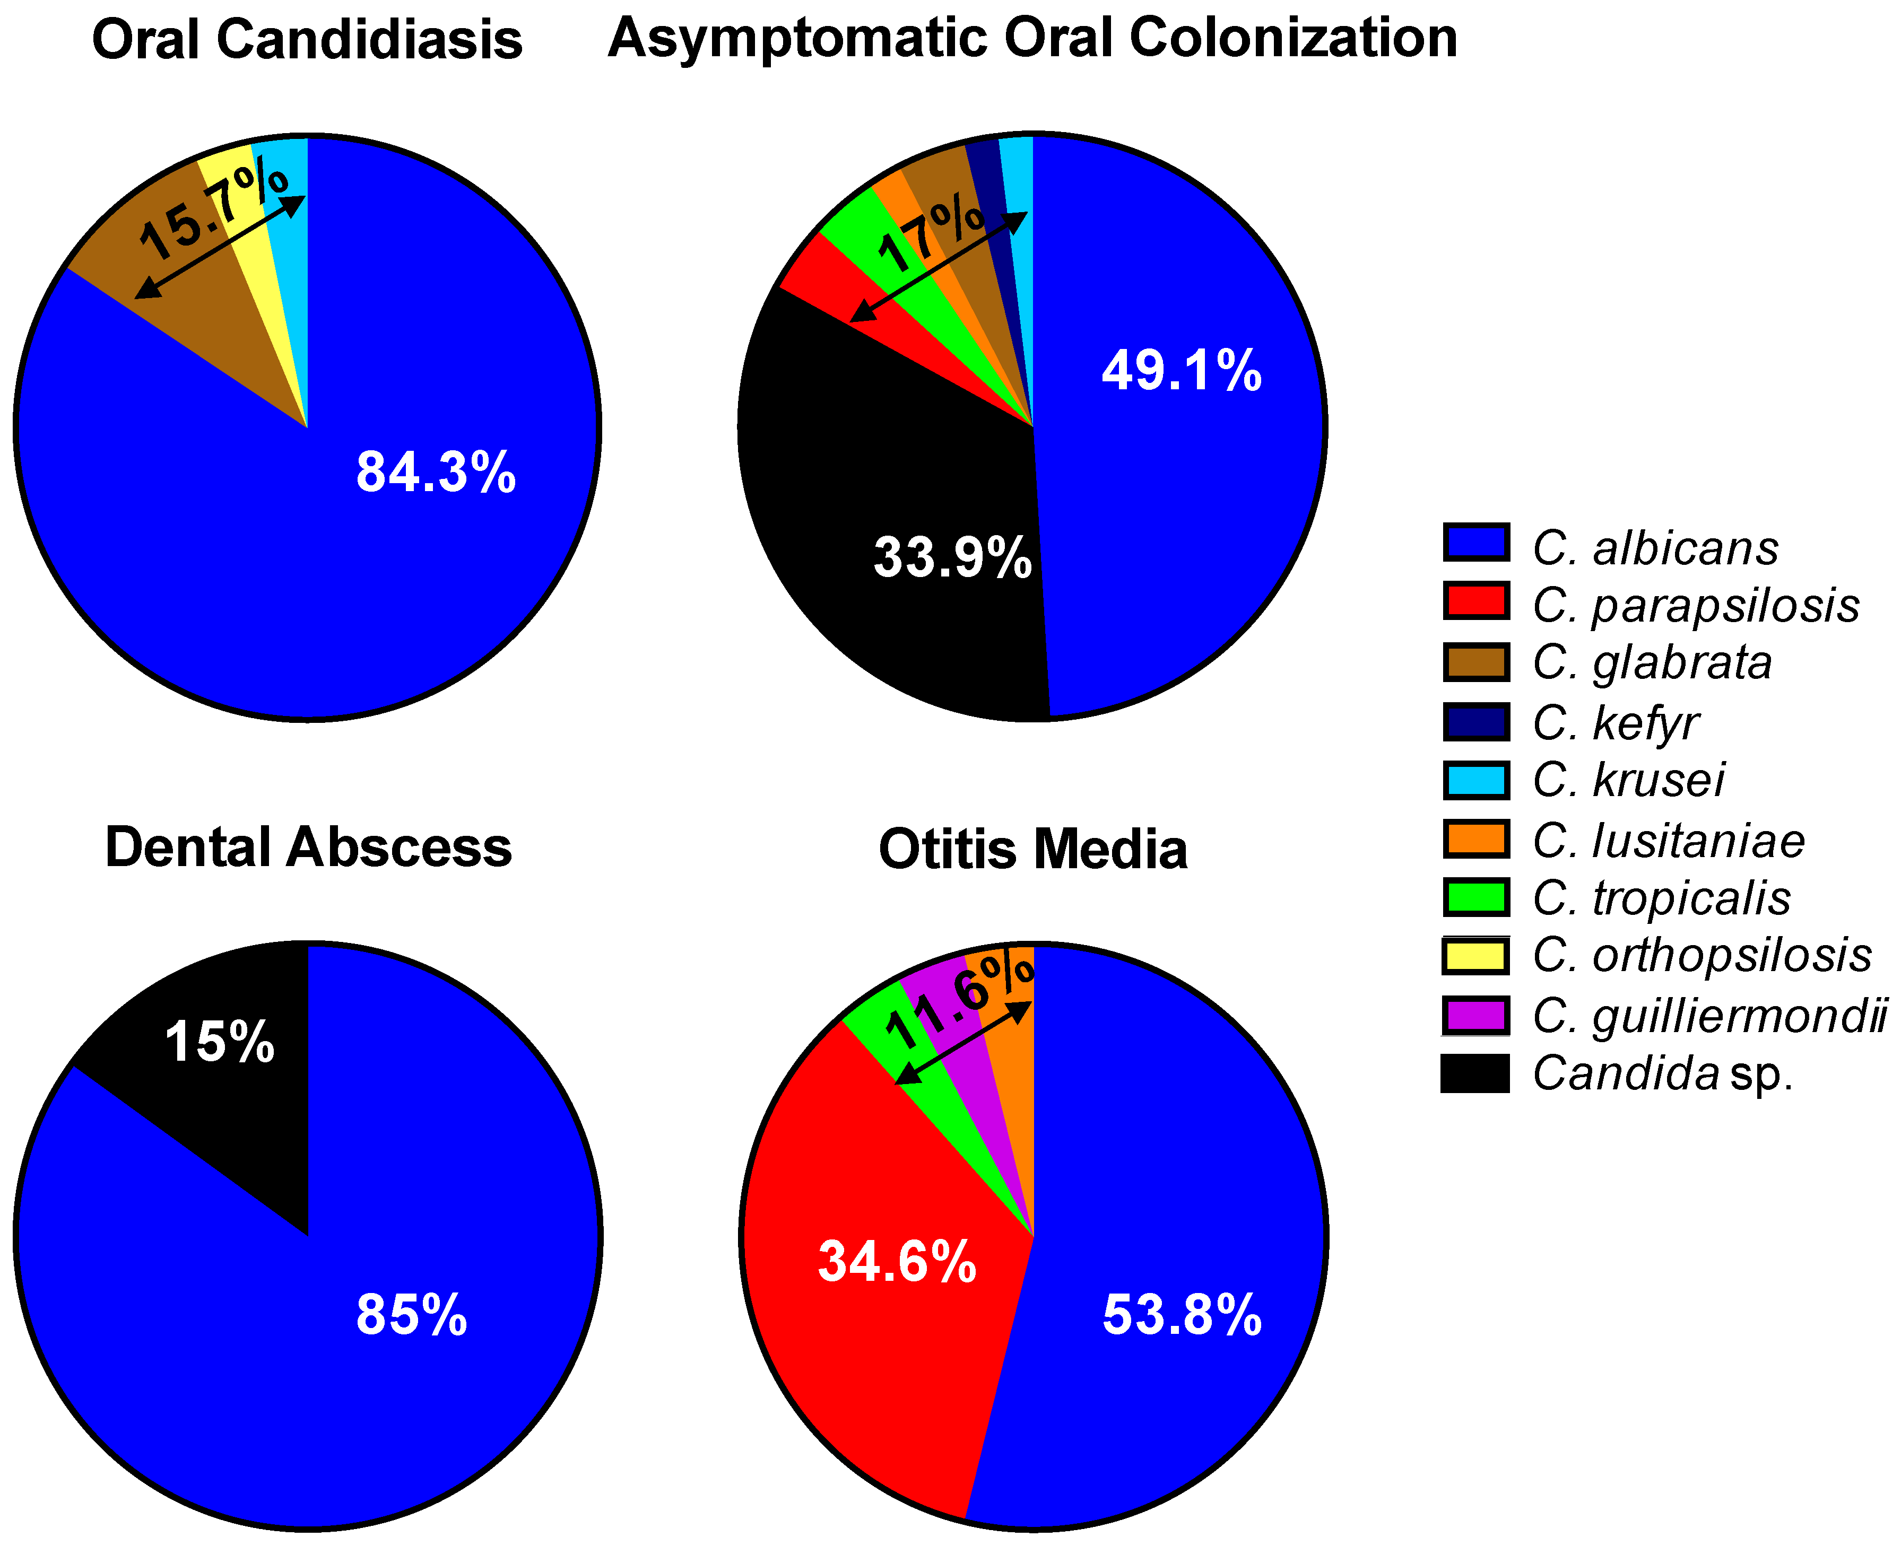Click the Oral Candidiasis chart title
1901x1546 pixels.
pos(307,40)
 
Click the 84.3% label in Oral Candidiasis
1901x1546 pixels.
pos(436,472)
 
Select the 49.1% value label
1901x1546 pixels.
pos(1181,371)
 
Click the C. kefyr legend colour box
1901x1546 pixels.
pos(1476,721)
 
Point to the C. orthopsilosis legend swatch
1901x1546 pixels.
pos(1476,956)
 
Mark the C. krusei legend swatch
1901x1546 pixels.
pos(1476,780)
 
